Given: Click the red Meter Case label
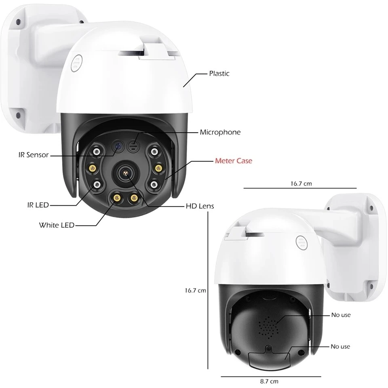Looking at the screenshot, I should [x=233, y=161].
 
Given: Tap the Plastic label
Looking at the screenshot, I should [x=219, y=73].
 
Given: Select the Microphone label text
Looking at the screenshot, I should [x=220, y=132].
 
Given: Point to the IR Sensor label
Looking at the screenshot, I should [x=33, y=155].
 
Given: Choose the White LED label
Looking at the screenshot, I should [x=57, y=225].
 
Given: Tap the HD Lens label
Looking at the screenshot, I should [x=200, y=206].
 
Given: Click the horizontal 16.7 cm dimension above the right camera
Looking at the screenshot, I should [x=301, y=183].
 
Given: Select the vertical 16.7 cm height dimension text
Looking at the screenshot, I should [x=195, y=290].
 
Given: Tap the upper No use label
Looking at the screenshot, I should [x=340, y=315].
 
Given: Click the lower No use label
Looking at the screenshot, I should [x=340, y=346].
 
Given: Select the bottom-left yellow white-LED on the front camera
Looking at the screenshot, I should [x=116, y=198].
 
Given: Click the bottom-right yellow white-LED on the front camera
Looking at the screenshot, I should [x=134, y=198].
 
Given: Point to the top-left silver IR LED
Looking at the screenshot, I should [x=97, y=152].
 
